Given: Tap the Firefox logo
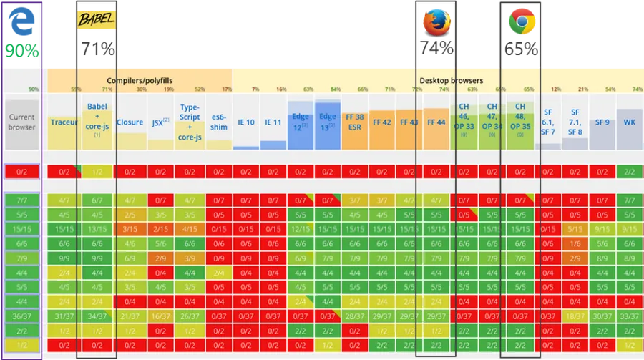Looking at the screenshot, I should [x=434, y=21].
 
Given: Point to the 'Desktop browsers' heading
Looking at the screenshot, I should [x=451, y=81].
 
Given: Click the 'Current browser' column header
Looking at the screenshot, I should [x=21, y=122].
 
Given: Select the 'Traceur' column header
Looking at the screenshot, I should [x=64, y=122].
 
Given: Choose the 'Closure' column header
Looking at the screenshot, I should [x=130, y=122].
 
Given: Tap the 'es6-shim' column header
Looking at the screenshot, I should [x=218, y=122].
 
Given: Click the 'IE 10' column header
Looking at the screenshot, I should [x=245, y=122].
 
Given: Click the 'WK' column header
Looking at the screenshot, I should [x=630, y=122].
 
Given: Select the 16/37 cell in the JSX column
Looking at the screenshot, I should [x=162, y=316].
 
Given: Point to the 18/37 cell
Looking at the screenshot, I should [x=575, y=316].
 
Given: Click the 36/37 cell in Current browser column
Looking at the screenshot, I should [x=21, y=316].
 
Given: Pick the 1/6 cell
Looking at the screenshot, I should [x=575, y=243].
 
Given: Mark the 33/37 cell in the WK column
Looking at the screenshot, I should [x=630, y=316].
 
